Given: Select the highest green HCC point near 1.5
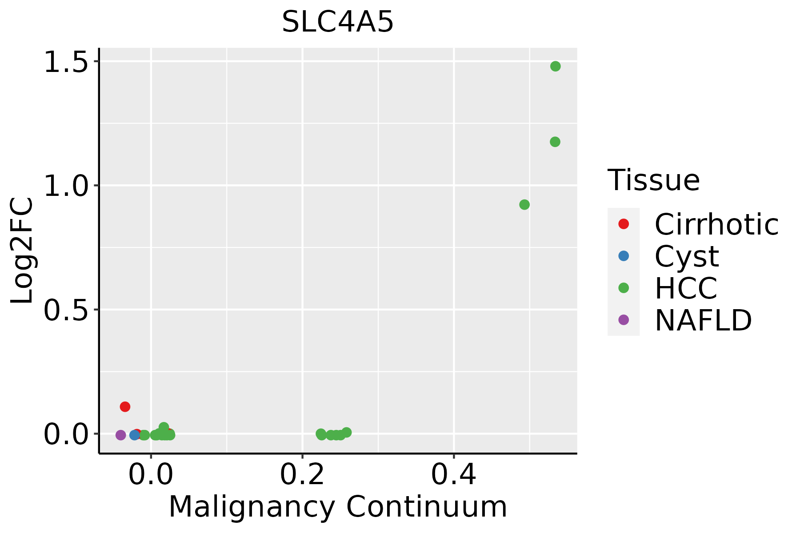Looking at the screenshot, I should pos(555,66).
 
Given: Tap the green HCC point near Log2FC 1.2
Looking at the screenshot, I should pos(555,142).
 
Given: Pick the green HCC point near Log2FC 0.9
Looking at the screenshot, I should pos(524,205).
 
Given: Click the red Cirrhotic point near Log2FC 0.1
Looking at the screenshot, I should pos(125,406).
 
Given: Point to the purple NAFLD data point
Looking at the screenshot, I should pos(120,435).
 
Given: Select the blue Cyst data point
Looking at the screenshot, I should pos(135,435).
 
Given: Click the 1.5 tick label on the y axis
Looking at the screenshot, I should pos(67,61).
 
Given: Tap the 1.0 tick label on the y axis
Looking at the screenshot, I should pos(67,185).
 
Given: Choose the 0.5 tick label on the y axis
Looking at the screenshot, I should pos(67,310).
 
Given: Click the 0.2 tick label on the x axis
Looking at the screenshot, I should pos(302,475).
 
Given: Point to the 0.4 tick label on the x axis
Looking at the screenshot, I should pos(454,475).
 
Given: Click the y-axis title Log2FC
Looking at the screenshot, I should pos(22,251).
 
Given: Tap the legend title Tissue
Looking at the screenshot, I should pos(653,180).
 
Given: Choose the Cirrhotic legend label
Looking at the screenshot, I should pos(716,224).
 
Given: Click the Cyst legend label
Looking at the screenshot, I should pos(687,256).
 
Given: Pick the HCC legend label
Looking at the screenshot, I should pos(686,288).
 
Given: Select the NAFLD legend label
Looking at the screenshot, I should pos(703,320).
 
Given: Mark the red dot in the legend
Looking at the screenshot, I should pos(624,224).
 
